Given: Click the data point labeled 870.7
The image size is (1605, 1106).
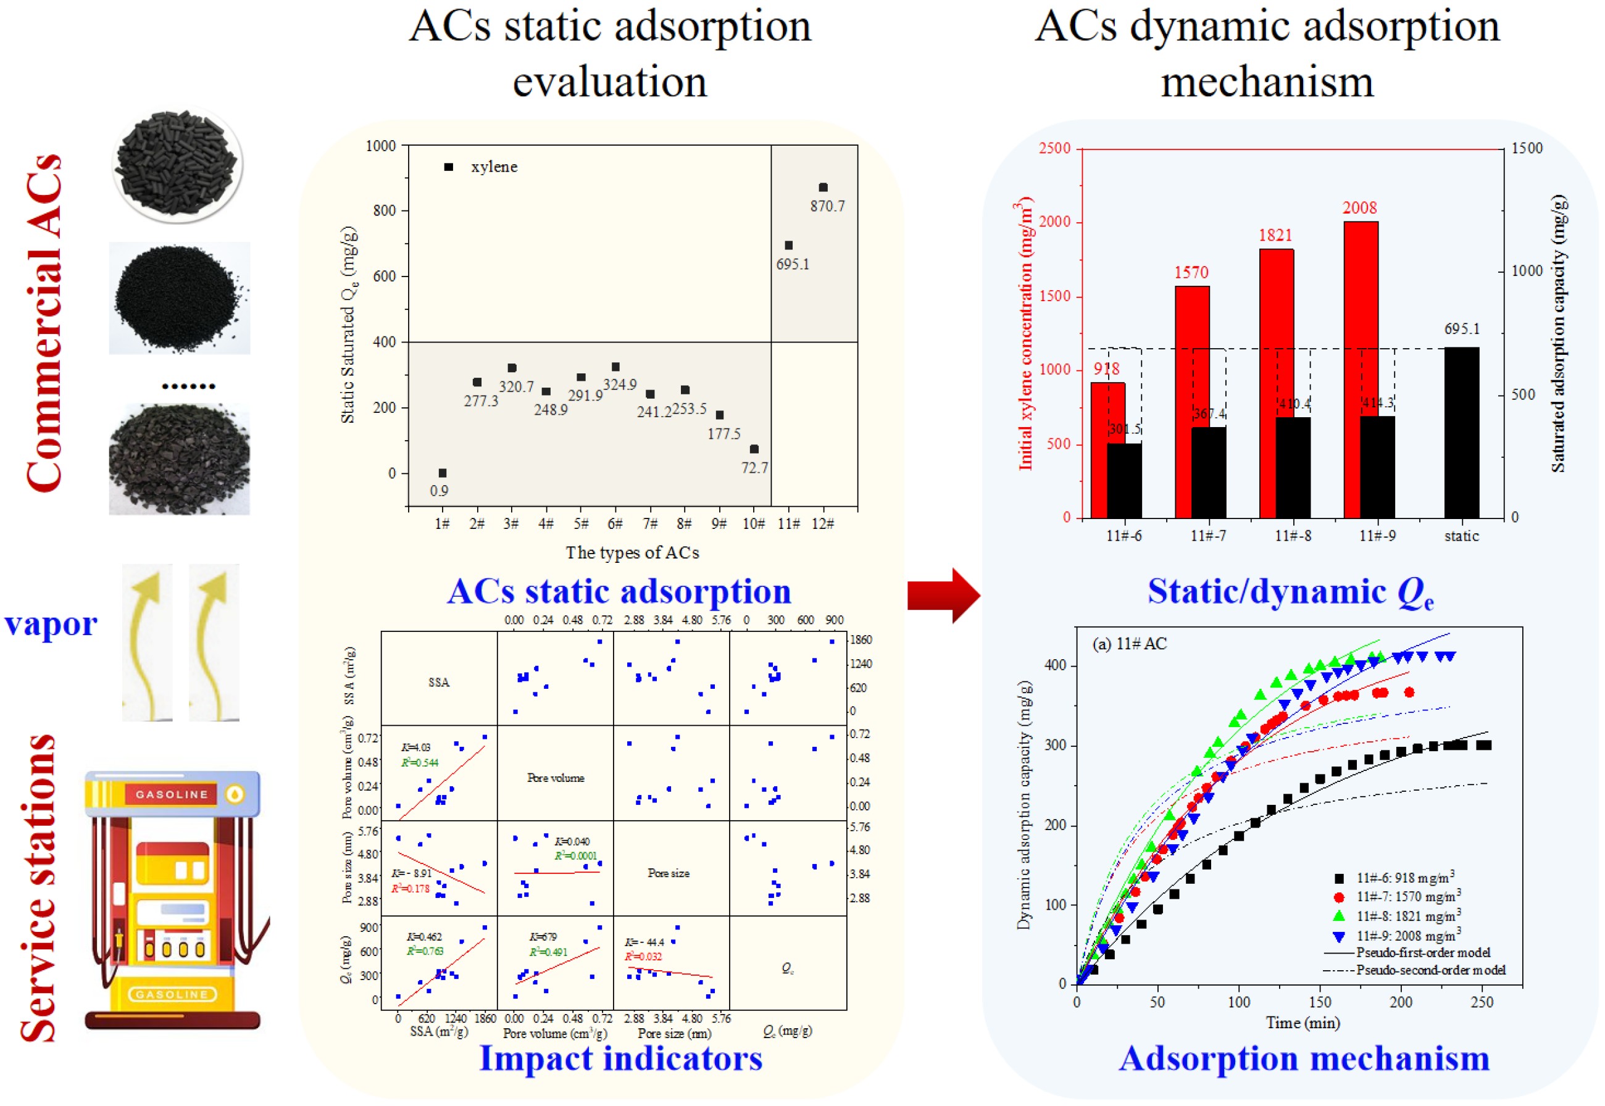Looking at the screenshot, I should click(823, 187).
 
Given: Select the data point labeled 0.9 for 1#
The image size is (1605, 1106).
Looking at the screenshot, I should click(442, 473).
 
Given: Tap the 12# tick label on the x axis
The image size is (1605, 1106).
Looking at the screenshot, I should click(823, 524).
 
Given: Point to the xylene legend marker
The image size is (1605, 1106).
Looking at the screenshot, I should click(448, 167).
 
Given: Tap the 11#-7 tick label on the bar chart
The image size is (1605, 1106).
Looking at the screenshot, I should click(1208, 536).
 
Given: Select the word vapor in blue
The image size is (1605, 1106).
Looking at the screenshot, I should click(51, 625).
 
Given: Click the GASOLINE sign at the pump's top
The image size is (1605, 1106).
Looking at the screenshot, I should click(172, 794).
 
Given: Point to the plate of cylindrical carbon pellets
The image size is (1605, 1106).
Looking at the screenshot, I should click(177, 165).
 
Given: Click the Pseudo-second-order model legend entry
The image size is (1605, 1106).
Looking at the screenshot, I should click(1430, 970).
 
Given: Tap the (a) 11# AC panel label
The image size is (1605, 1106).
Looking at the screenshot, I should click(1129, 644).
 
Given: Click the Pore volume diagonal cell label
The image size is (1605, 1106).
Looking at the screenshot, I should click(555, 778).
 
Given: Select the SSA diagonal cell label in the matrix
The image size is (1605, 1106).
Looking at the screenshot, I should click(439, 683).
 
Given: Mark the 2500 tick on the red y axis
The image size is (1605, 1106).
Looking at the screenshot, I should click(1054, 148).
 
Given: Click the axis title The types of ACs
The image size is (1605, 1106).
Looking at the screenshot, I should click(632, 553).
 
